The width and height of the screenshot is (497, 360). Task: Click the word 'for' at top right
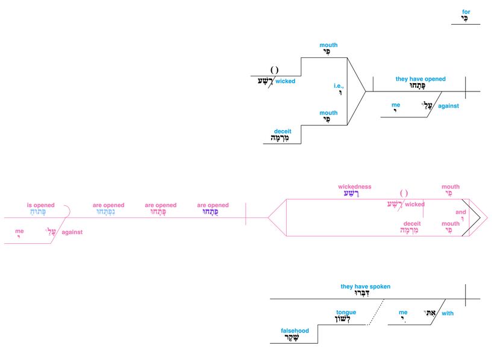click(x=466, y=11)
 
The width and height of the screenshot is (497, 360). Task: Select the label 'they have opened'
click(x=420, y=79)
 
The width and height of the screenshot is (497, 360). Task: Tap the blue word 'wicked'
click(x=286, y=81)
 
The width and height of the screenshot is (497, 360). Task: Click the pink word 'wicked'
click(x=414, y=205)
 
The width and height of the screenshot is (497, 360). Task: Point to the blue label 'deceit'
click(x=283, y=131)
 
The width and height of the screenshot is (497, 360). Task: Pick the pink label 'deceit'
click(x=412, y=222)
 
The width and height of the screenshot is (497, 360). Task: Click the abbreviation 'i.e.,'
click(x=339, y=85)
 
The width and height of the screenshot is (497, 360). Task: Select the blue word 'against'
click(x=448, y=106)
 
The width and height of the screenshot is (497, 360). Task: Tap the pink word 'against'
click(x=72, y=232)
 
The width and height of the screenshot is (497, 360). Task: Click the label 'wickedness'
click(x=354, y=187)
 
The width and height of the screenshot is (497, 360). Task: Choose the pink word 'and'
click(x=461, y=212)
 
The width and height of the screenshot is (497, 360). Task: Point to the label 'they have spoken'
click(x=365, y=287)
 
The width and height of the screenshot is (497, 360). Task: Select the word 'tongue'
click(x=346, y=312)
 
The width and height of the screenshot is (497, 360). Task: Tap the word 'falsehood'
click(x=295, y=331)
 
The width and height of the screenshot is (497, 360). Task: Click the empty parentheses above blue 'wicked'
click(x=274, y=69)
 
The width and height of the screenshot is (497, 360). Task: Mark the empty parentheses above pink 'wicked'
click(x=404, y=193)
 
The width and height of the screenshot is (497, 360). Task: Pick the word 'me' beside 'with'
click(x=403, y=312)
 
